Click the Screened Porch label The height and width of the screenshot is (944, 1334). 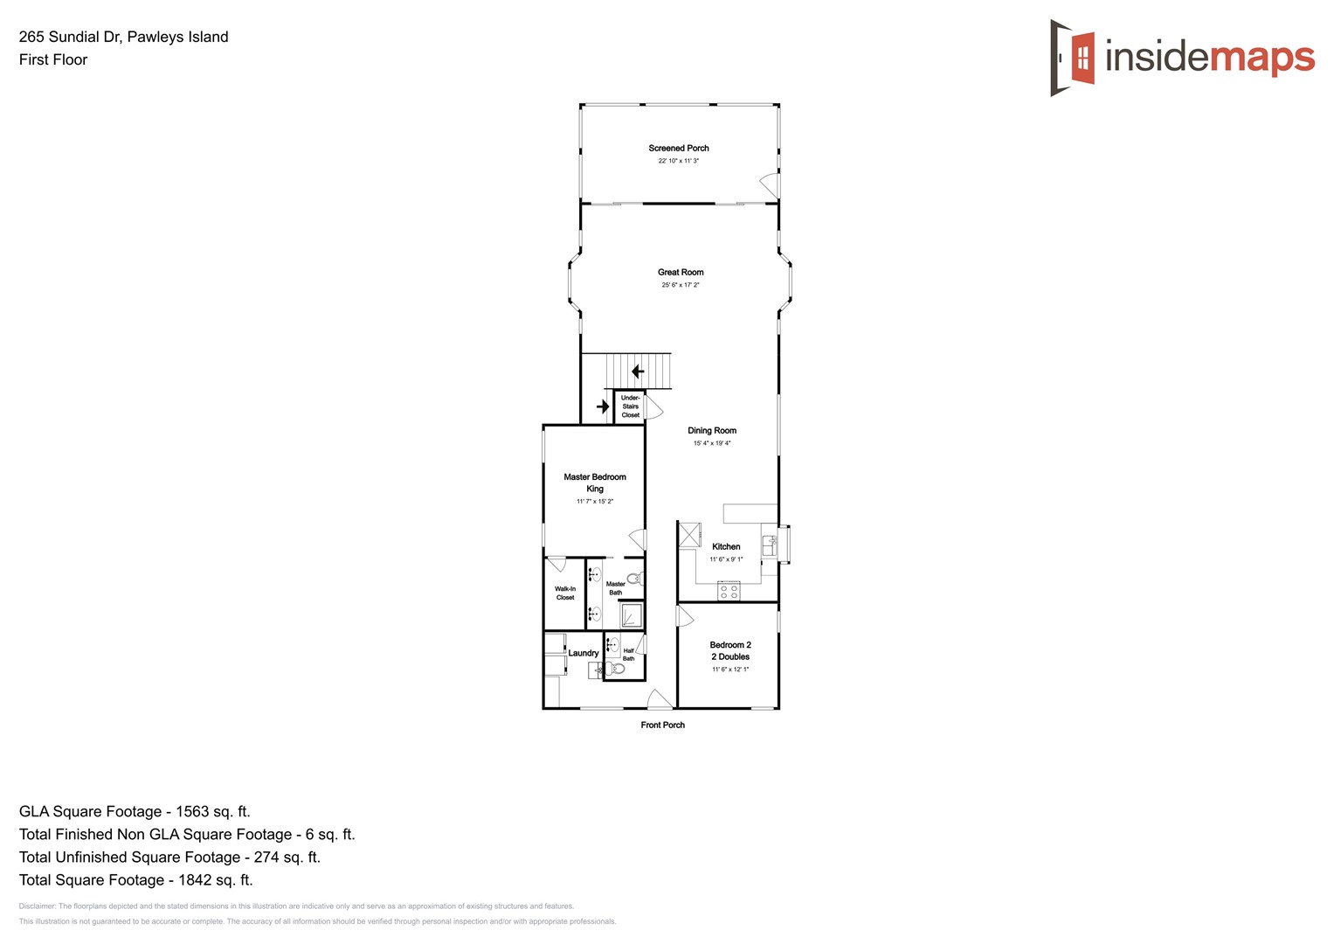coord(678,149)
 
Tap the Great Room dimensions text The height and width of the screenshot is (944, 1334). coord(680,285)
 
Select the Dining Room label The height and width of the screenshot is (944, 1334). coord(711,431)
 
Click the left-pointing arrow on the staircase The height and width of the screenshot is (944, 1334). coord(638,371)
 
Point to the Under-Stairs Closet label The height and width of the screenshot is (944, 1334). coord(630,406)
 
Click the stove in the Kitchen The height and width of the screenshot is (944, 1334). coord(729,592)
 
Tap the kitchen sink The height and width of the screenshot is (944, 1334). coord(770,545)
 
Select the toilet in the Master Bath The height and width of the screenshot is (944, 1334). coord(635,579)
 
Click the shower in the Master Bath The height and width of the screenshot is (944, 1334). coord(631,615)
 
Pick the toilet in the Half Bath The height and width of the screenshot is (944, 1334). coord(618,669)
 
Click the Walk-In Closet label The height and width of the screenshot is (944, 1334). coord(565,593)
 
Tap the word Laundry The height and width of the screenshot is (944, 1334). coord(584,653)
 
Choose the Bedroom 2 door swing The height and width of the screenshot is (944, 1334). coord(684,615)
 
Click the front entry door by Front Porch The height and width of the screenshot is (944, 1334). coord(660,699)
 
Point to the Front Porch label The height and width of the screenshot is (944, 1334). coord(662,725)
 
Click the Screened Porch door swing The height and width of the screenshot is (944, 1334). coord(770,185)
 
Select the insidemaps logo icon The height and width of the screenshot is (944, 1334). coord(1073,58)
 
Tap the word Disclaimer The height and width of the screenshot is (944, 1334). coord(38,906)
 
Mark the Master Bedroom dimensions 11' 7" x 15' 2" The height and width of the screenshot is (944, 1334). coord(594,502)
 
